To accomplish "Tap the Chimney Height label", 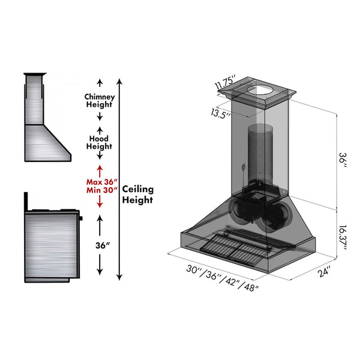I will click(100, 101).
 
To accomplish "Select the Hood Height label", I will click(100, 142).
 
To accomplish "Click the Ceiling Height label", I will click(138, 194).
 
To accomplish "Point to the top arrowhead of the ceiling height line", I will click(120, 80).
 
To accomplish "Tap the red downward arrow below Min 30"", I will click(100, 204).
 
